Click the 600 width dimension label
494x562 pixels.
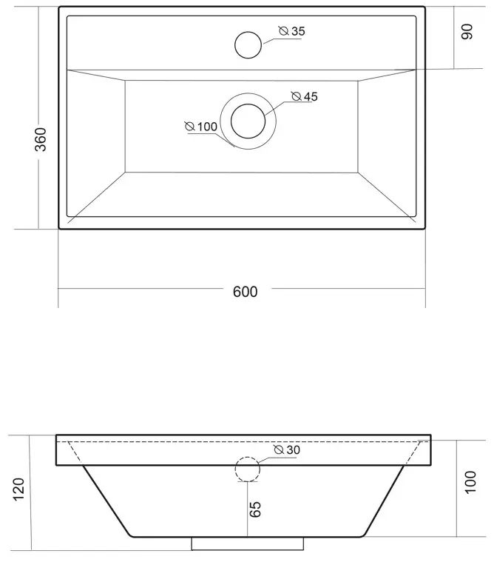(x=246, y=292)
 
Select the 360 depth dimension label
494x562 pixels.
(x=41, y=139)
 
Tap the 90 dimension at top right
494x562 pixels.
(x=467, y=32)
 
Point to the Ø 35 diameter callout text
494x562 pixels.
(x=292, y=31)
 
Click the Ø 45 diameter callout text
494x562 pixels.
(x=305, y=96)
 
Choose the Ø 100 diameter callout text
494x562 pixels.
(x=201, y=127)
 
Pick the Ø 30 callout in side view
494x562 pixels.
(x=287, y=449)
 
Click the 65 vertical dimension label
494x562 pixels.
(x=255, y=509)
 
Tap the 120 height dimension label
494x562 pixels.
(x=18, y=489)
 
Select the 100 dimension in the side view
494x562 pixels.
(x=470, y=483)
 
